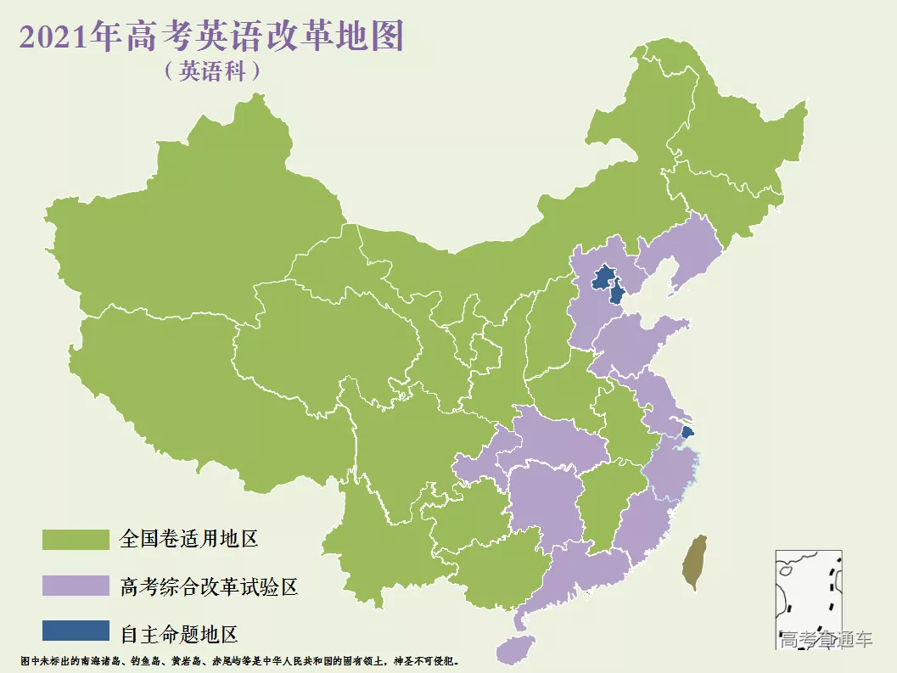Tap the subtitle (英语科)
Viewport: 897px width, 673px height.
coord(212,71)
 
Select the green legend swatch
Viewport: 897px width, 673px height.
coord(76,539)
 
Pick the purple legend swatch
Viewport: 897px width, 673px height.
coord(76,586)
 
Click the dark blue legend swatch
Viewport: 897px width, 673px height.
coord(76,631)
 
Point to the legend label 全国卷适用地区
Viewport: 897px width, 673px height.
coord(188,539)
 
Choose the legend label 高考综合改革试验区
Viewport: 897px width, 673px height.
coord(209,586)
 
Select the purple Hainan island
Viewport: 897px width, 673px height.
coord(514,649)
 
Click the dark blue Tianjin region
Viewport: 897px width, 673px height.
coord(618,294)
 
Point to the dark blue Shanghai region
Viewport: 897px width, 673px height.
coord(687,432)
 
